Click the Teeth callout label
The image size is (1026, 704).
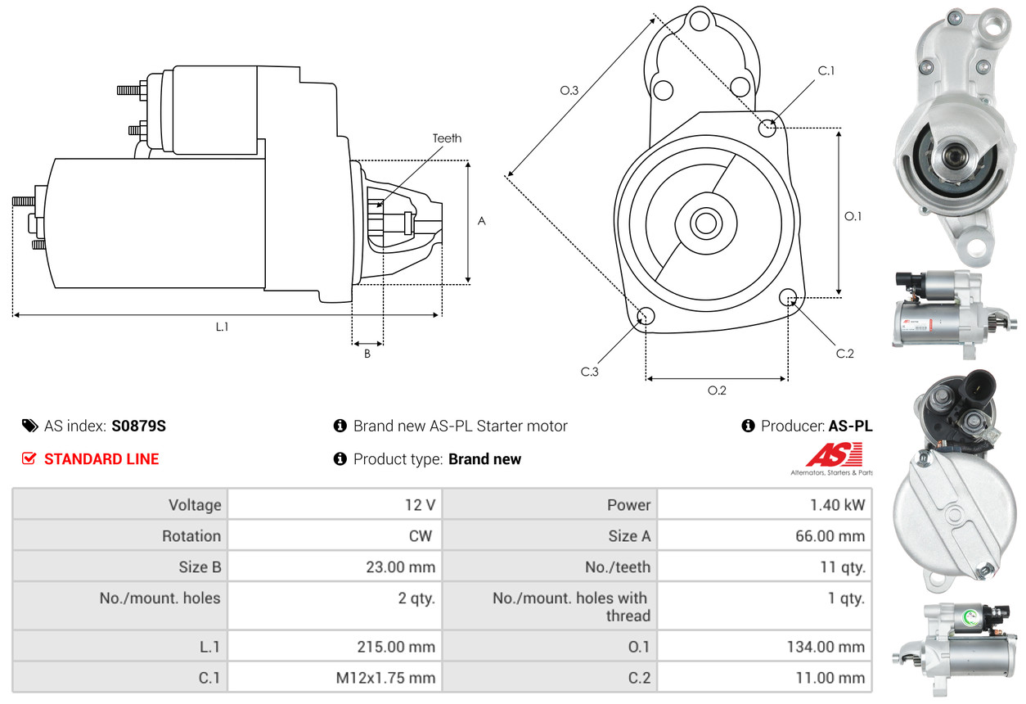[x=447, y=138]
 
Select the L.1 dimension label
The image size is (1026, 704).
[x=222, y=327]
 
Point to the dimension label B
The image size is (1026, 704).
[x=367, y=354]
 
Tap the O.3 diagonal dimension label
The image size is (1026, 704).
[x=569, y=91]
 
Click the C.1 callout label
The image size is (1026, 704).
[x=826, y=71]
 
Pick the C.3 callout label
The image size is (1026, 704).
[x=590, y=372]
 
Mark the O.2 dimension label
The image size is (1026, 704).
[x=717, y=390]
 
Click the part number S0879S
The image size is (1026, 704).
[x=139, y=426]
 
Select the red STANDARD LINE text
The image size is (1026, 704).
[x=101, y=459]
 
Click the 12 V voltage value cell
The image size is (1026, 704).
[x=420, y=505]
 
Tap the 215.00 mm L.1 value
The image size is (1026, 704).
[x=397, y=647]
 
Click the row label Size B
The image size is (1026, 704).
[x=200, y=567]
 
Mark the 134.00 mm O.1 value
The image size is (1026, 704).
[x=826, y=647]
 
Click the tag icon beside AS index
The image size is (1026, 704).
[x=29, y=426]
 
